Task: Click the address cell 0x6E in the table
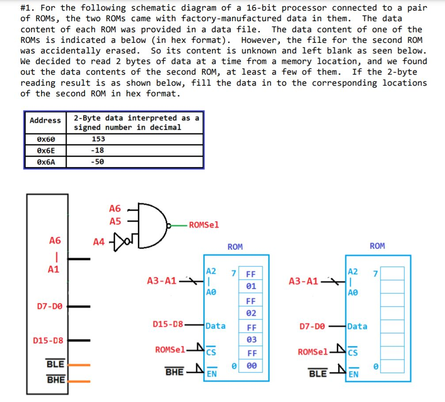click(46, 150)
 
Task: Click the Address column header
click(46, 120)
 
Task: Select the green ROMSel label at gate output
click(204, 225)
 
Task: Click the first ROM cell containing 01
click(251, 286)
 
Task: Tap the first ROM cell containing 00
click(251, 366)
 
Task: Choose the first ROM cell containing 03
click(251, 340)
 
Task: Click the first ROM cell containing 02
click(251, 313)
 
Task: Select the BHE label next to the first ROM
click(175, 372)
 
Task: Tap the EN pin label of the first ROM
click(212, 374)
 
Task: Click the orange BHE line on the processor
click(79, 380)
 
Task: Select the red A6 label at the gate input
click(115, 208)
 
